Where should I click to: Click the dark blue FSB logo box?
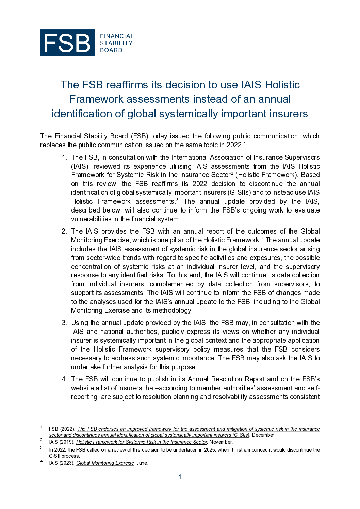click(67, 43)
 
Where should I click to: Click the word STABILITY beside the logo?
click(116, 43)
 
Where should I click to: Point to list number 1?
click(64, 157)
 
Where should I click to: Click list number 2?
click(64, 231)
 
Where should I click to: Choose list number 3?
click(64, 323)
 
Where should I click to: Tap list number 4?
click(64, 379)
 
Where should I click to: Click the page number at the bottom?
click(180, 477)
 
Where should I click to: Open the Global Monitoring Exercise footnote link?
click(105, 463)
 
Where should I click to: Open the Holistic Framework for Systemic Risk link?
click(142, 442)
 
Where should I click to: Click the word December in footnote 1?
click(263, 435)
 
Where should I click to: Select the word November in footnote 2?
click(221, 442)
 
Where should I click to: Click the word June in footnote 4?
click(142, 463)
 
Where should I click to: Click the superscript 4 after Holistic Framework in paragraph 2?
click(263, 238)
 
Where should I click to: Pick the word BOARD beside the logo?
click(111, 50)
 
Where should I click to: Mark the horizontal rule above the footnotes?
click(84, 417)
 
